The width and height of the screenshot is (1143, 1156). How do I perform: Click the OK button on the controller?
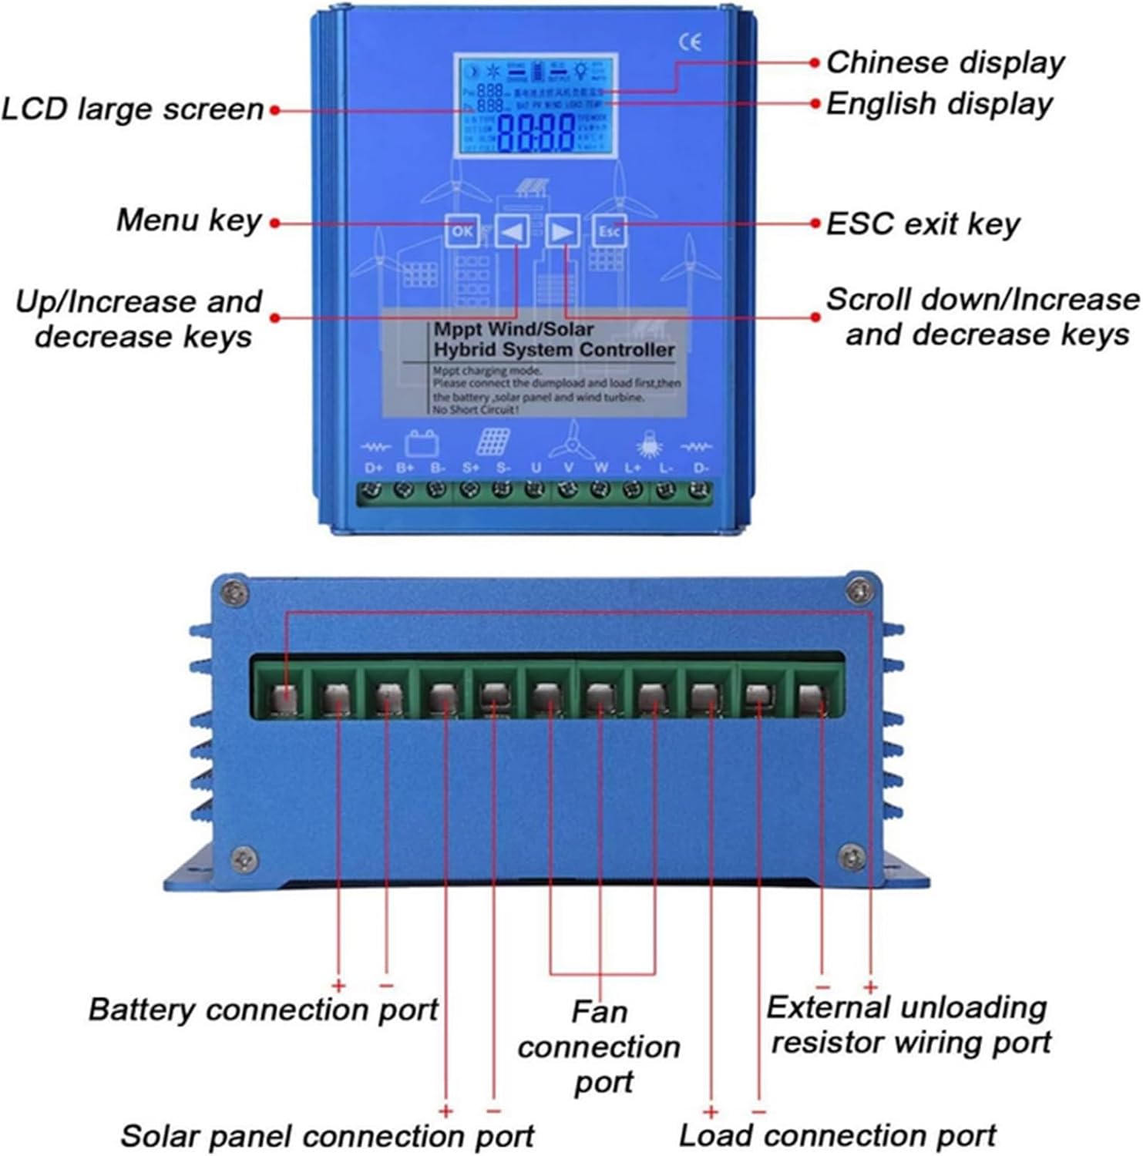(462, 230)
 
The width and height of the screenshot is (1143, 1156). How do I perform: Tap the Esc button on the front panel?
(609, 230)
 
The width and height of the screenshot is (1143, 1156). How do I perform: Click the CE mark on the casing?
(690, 42)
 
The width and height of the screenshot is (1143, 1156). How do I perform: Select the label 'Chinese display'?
(945, 62)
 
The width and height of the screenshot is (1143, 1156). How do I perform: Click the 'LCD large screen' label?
(133, 109)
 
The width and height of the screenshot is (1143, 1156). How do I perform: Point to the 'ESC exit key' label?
(922, 224)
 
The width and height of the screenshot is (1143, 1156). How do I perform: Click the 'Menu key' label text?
(189, 220)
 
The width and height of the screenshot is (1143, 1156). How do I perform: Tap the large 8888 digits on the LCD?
(536, 133)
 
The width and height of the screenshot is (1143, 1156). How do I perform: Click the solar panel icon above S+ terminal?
(492, 442)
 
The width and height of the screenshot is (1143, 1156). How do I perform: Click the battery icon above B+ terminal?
(422, 443)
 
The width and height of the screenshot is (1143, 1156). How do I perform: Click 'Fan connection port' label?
(599, 1046)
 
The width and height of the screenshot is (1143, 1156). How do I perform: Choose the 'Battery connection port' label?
(263, 1009)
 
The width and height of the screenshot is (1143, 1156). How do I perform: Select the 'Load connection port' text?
(837, 1135)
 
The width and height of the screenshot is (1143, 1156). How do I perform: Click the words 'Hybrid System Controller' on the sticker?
(553, 350)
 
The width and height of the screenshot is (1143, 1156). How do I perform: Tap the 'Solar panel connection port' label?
(327, 1136)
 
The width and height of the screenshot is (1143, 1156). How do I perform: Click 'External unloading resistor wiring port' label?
(909, 1024)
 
